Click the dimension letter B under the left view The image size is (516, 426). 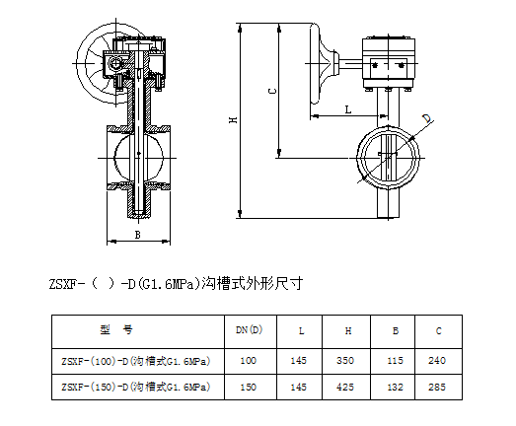click(138, 235)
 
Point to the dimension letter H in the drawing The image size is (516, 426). click(233, 119)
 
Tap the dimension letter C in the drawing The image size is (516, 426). click(272, 91)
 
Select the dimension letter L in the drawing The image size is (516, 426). click(348, 109)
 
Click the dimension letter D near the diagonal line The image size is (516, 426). click(427, 118)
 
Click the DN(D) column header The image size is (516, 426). click(249, 329)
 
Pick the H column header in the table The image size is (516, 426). click(348, 330)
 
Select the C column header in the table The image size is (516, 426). click(438, 330)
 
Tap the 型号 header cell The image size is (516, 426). click(116, 329)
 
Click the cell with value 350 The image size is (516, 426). click(345, 361)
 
